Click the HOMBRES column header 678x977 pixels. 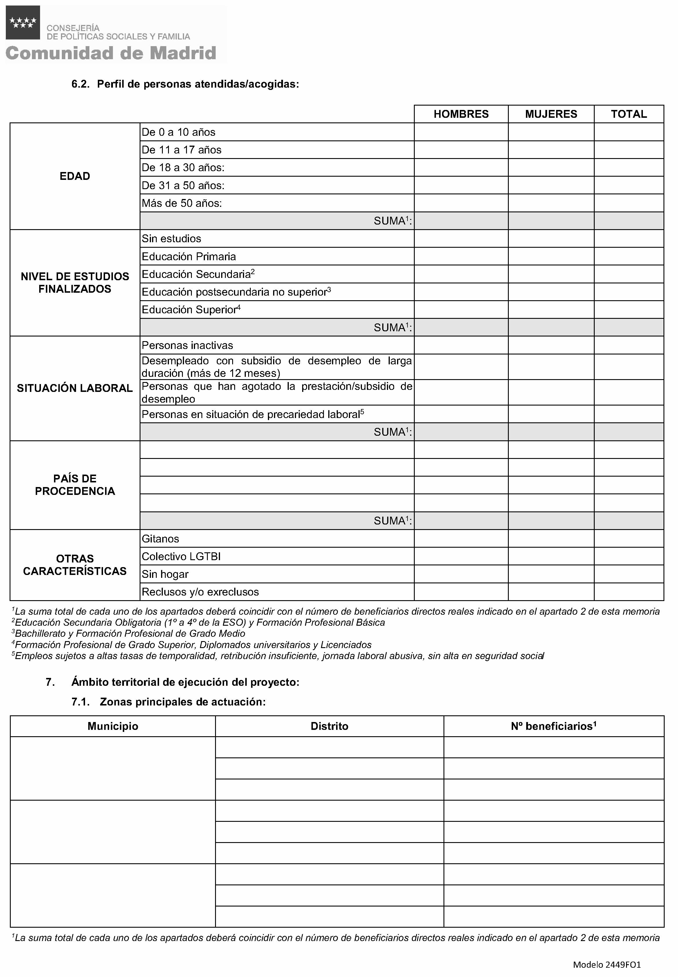pyautogui.click(x=461, y=114)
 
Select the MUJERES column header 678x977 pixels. pyautogui.click(x=551, y=114)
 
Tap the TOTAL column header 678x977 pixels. pyautogui.click(x=629, y=114)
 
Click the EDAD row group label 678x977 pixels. pyautogui.click(x=75, y=176)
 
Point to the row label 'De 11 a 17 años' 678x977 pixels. pyautogui.click(x=181, y=150)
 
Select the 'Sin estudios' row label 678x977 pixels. pyautogui.click(x=171, y=239)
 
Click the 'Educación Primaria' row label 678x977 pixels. pyautogui.click(x=189, y=256)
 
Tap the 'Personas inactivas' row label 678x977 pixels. pyautogui.click(x=187, y=345)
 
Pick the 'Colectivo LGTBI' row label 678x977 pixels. pyautogui.click(x=181, y=556)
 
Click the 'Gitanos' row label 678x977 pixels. pyautogui.click(x=160, y=539)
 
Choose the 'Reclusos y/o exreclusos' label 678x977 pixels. pyautogui.click(x=200, y=592)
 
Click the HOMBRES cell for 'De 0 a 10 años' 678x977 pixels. pyautogui.click(x=461, y=132)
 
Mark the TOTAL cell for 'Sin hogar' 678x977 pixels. pyautogui.click(x=629, y=574)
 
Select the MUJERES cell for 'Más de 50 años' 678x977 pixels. pyautogui.click(x=551, y=203)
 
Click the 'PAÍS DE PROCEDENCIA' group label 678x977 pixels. pyautogui.click(x=75, y=485)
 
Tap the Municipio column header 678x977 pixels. pyautogui.click(x=113, y=726)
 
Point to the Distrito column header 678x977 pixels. pyautogui.click(x=329, y=726)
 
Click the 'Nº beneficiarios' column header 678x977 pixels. pyautogui.click(x=553, y=726)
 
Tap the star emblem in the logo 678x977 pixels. pyautogui.click(x=23, y=23)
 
